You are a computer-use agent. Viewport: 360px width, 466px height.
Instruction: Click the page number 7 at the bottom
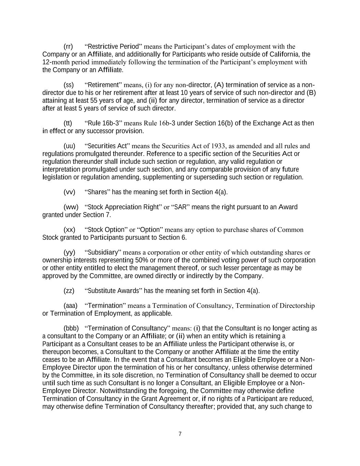tap(180, 434)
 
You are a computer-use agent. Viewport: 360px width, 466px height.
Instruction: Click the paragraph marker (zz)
tap(69, 291)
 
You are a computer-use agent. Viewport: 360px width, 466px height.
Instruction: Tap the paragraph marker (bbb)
tap(71, 328)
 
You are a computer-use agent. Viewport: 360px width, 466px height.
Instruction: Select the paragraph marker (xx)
tap(70, 230)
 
